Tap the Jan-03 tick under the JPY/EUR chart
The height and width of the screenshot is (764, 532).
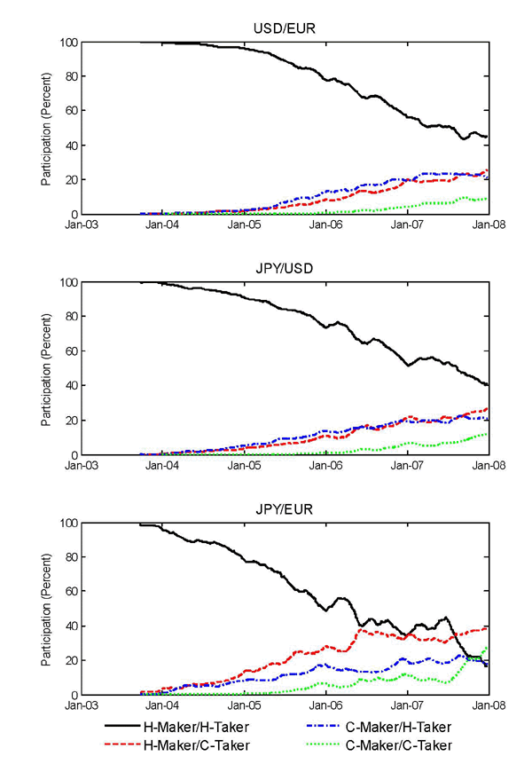point(81,707)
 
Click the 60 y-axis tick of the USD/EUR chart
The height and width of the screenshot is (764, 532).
point(67,111)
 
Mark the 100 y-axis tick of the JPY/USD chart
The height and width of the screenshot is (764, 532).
point(65,282)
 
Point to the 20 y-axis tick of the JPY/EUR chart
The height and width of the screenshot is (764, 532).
point(67,661)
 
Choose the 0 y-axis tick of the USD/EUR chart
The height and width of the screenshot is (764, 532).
point(71,215)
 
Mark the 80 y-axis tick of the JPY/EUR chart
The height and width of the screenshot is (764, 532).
point(67,557)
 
